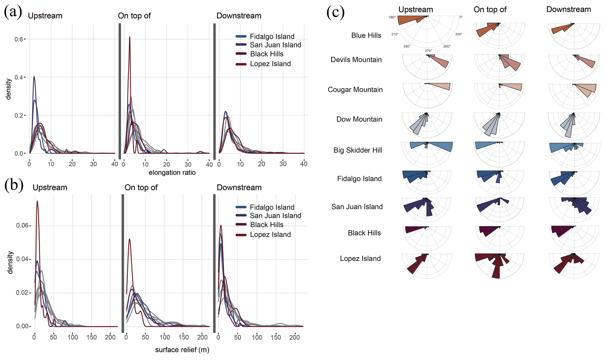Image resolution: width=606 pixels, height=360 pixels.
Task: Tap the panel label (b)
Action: pos(14,185)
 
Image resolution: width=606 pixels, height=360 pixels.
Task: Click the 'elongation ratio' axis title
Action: pos(172,173)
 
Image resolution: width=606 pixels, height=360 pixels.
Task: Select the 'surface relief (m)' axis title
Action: pos(182,350)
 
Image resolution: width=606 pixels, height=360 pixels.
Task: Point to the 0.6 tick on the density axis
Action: pos(18,39)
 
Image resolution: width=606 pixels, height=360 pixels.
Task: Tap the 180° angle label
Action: pos(392,17)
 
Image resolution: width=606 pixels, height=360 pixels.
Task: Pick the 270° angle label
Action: pos(428,51)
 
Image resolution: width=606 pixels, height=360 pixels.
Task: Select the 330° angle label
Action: pos(459,34)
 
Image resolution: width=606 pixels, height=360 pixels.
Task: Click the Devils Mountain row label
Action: pos(356,60)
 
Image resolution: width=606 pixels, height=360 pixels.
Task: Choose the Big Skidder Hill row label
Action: pos(358,150)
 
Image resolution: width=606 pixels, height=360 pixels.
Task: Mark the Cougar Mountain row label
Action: pos(355,89)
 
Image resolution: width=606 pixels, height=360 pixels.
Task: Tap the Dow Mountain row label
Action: pos(359,119)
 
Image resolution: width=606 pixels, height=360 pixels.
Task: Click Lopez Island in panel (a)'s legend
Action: pos(270,64)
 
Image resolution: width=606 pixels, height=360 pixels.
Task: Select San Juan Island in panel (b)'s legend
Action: pos(275,216)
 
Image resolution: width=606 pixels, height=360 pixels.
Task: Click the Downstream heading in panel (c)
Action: pos(568,9)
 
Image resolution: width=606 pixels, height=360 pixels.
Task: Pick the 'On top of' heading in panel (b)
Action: pos(141,187)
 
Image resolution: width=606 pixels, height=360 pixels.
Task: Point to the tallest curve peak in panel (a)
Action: pos(130,37)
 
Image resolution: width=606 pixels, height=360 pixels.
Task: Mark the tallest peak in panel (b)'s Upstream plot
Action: pos(37,201)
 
